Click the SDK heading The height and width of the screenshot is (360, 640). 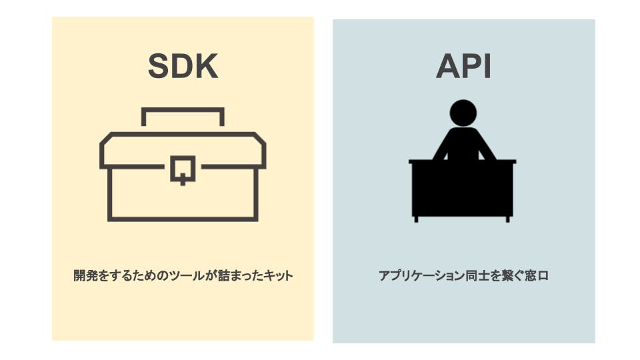(183, 66)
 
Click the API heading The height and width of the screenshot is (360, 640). (463, 66)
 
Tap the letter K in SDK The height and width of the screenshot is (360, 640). (206, 66)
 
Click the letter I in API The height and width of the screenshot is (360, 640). (486, 66)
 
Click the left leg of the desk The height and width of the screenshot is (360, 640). (416, 219)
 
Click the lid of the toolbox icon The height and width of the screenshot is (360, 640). (183, 143)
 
